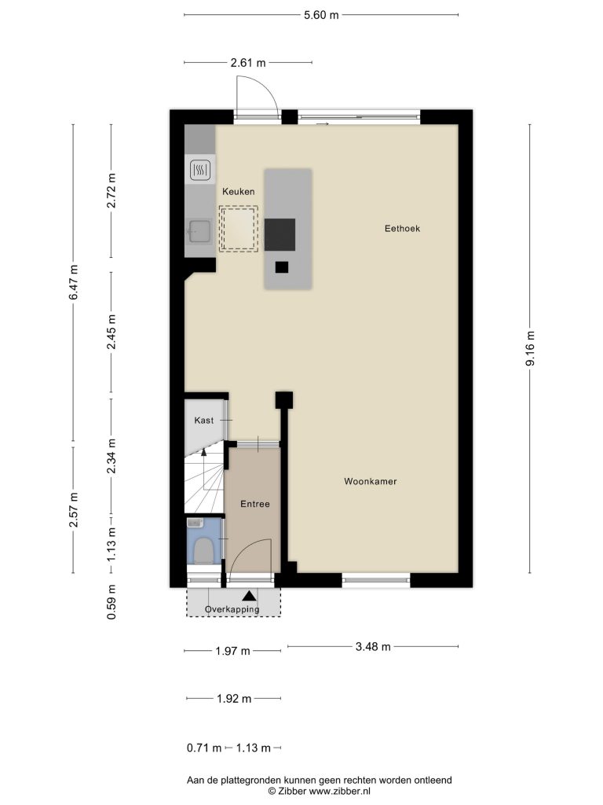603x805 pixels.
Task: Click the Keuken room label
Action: coord(238,192)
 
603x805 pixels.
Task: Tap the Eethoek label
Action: coord(402,229)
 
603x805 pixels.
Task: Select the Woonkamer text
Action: coord(371,482)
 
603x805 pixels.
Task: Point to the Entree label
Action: coord(255,504)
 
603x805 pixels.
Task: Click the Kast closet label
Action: coord(203,421)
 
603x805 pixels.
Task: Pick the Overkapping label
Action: coord(232,609)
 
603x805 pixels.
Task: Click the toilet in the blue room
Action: coord(203,550)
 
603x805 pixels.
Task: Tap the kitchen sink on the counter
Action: coord(199,232)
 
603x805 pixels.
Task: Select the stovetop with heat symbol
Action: coord(200,170)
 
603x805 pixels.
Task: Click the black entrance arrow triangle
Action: coord(249,596)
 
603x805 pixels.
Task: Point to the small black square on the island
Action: coord(282,267)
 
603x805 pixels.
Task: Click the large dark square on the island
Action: coord(280,234)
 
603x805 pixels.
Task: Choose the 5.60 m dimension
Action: coord(321,15)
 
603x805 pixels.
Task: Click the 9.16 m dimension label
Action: coord(530,348)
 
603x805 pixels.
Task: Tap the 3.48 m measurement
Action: coord(373,646)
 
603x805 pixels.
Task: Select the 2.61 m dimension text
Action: coord(247,63)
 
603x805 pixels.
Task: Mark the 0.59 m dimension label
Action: coord(111,601)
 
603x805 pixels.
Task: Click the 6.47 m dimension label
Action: coord(73,282)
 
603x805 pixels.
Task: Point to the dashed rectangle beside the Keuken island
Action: coord(239,229)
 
